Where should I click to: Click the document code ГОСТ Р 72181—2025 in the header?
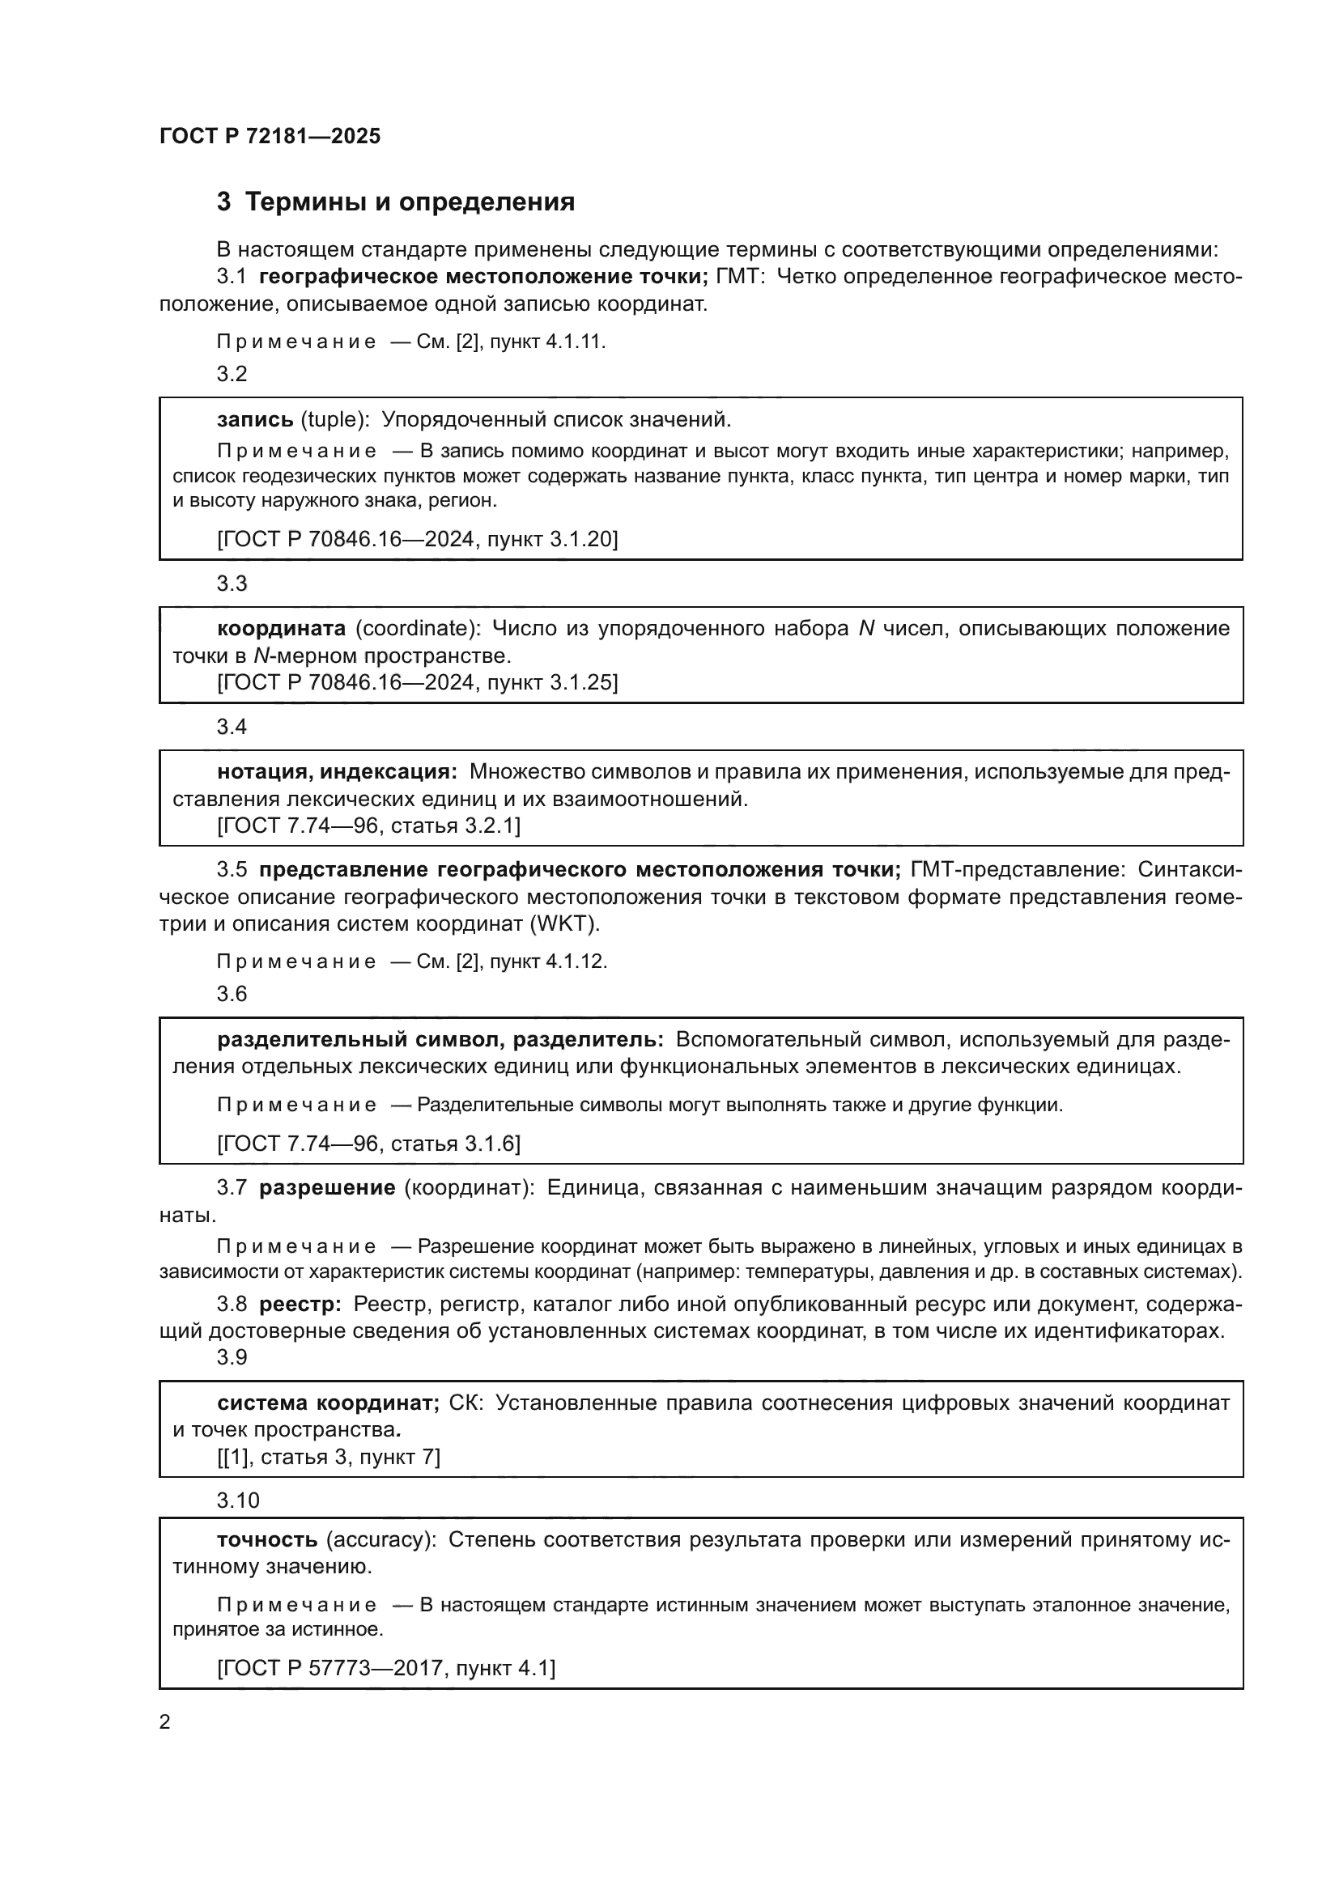coord(270,137)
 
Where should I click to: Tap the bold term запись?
coord(255,420)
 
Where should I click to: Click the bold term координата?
coord(281,628)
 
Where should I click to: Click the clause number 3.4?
coord(232,726)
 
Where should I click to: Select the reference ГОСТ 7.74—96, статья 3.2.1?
coord(368,826)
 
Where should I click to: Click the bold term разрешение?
coord(327,1188)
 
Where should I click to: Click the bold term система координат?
coord(327,1403)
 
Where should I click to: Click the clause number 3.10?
coord(237,1500)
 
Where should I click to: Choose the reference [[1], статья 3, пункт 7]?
coord(328,1457)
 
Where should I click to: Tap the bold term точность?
coord(267,1539)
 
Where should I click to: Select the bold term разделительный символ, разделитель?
coord(440,1040)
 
